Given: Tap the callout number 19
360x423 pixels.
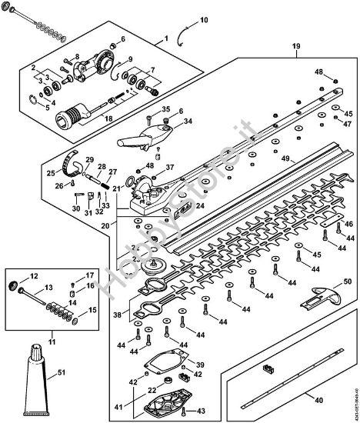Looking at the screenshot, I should click(x=295, y=48).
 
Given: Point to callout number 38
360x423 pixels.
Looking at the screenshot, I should click(x=118, y=315).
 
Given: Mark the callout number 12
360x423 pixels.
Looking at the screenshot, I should click(x=32, y=275).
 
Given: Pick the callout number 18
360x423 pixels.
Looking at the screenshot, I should click(x=108, y=118).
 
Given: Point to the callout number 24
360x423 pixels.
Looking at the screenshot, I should click(x=199, y=206).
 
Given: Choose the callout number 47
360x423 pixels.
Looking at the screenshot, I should click(x=348, y=124).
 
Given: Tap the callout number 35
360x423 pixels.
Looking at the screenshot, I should click(x=165, y=111).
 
